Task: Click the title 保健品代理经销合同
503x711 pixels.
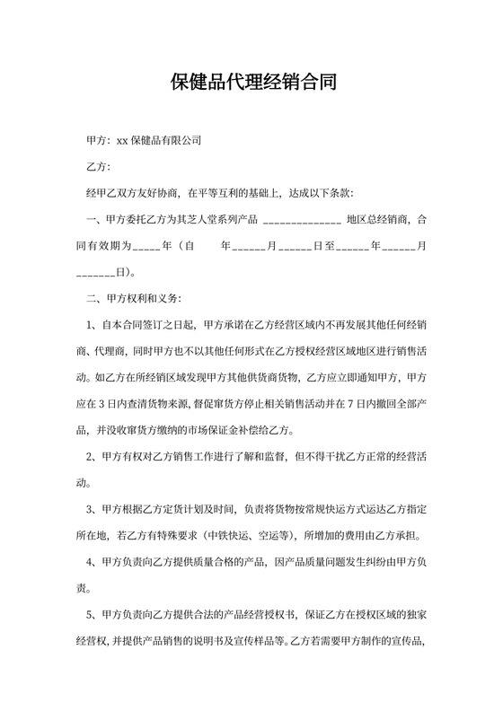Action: coord(252,84)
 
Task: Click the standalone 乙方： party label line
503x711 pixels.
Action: coord(97,167)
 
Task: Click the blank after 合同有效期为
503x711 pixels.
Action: coord(146,244)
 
